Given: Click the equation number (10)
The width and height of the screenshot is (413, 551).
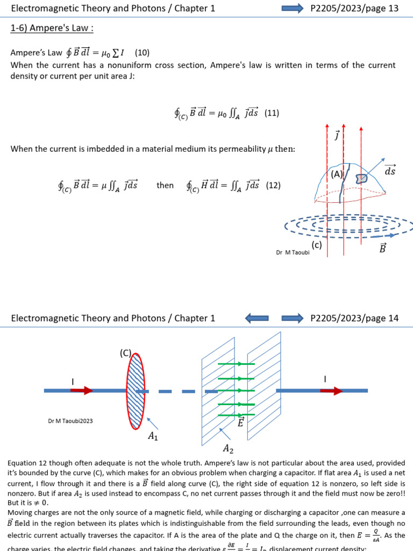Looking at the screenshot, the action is [142, 53].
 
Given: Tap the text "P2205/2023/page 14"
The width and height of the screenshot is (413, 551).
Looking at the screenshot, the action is [354, 318].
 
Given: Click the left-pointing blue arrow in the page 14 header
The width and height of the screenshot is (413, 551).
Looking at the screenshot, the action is [257, 318].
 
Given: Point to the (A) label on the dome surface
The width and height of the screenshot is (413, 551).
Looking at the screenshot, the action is [337, 174].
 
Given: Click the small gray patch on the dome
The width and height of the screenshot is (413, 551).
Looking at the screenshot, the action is [361, 178].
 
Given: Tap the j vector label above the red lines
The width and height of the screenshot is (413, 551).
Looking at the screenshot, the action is [337, 135].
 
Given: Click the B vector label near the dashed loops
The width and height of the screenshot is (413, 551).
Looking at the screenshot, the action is [382, 249].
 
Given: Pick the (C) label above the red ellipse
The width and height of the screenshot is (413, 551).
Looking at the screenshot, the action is [125, 353].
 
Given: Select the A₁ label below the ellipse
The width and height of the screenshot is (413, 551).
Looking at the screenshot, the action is [153, 436].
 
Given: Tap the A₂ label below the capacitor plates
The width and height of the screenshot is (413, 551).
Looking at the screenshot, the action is [229, 448].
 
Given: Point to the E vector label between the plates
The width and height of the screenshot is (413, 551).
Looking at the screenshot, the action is [240, 422].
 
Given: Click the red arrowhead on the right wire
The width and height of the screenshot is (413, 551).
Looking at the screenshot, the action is [336, 391].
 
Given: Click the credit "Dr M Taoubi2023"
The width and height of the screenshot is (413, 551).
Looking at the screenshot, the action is [70, 421].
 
